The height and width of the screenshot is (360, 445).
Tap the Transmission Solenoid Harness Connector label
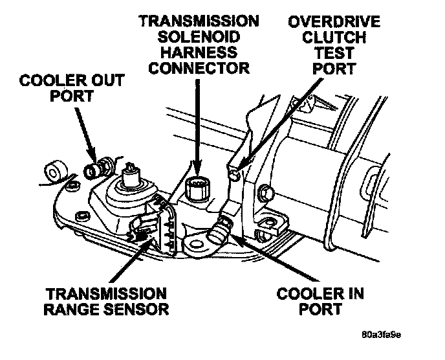coord(199,44)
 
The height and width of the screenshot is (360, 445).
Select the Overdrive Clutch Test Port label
coord(334,44)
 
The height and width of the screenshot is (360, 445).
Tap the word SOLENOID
coord(199,36)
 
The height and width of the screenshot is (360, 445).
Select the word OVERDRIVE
coord(334,21)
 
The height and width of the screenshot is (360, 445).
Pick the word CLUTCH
coord(334,36)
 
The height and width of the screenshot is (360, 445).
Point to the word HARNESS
coord(199,52)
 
